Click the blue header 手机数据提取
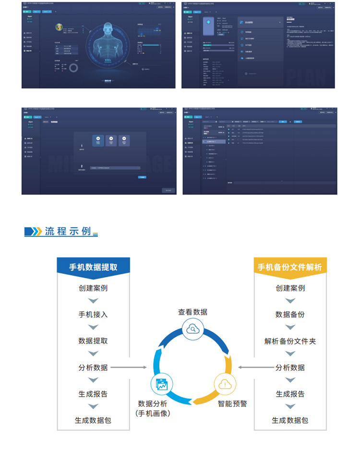click(93, 267)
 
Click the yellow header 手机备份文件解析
click(290, 267)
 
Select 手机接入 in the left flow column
click(93, 315)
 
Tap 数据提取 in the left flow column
click(93, 341)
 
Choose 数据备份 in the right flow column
click(290, 315)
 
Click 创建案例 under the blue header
click(93, 288)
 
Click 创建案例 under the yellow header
click(290, 288)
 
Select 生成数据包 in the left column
click(93, 420)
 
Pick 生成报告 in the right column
click(290, 394)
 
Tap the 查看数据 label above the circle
click(192, 312)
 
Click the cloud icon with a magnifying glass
click(192, 329)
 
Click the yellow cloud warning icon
click(224, 384)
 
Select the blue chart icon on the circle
click(161, 385)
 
